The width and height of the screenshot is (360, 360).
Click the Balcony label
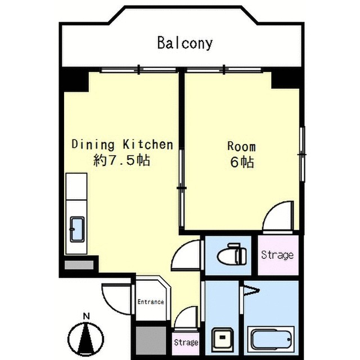tap(185, 43)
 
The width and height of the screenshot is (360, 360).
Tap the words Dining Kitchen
tap(123, 145)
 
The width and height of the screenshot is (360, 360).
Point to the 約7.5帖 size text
tap(121, 160)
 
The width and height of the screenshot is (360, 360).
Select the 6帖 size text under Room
tap(242, 162)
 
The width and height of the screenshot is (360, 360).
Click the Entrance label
tap(151, 301)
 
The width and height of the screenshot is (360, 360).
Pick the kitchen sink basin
tap(77, 229)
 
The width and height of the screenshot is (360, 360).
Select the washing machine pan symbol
tap(222, 338)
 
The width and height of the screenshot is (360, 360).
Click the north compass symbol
tap(86, 339)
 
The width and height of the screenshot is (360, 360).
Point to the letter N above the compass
tap(86, 316)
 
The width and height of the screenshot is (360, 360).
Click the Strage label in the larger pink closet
tap(277, 255)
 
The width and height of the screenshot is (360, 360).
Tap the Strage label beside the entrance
tap(186, 343)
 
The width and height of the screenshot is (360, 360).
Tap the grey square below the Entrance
tap(151, 341)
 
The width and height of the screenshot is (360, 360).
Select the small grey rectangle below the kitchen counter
tap(79, 265)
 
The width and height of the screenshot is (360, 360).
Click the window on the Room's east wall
tap(303, 154)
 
